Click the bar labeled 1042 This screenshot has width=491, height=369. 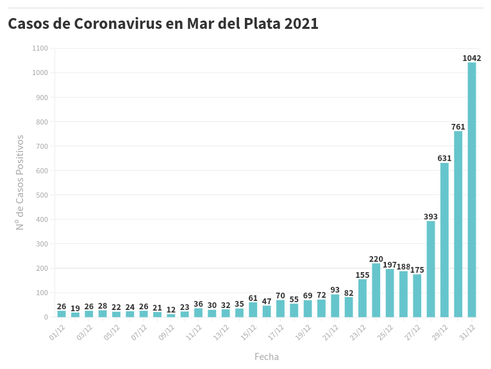(472, 189)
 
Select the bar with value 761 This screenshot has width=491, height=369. (458, 224)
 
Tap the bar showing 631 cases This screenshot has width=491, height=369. (444, 240)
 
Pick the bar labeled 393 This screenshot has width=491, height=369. (431, 269)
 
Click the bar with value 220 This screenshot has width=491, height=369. (376, 290)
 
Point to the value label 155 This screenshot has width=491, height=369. (362, 275)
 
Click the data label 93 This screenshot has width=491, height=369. (335, 290)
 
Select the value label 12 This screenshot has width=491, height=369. (171, 310)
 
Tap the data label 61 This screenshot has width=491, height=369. (253, 298)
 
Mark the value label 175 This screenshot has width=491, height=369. (417, 270)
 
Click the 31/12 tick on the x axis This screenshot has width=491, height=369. (467, 332)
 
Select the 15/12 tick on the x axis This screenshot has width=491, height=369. (249, 332)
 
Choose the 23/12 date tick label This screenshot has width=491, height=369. (358, 332)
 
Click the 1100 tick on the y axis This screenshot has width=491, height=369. (40, 48)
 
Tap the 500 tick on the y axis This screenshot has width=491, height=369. (42, 195)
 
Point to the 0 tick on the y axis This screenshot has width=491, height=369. (46, 317)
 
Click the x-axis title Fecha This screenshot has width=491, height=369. (267, 357)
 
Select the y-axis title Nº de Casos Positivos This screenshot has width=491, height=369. (21, 182)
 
